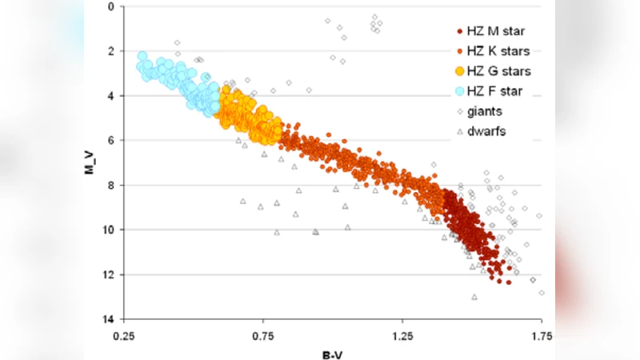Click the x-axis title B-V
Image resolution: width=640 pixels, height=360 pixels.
click(x=333, y=352)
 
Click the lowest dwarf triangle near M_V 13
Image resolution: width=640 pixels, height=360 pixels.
click(x=474, y=297)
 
